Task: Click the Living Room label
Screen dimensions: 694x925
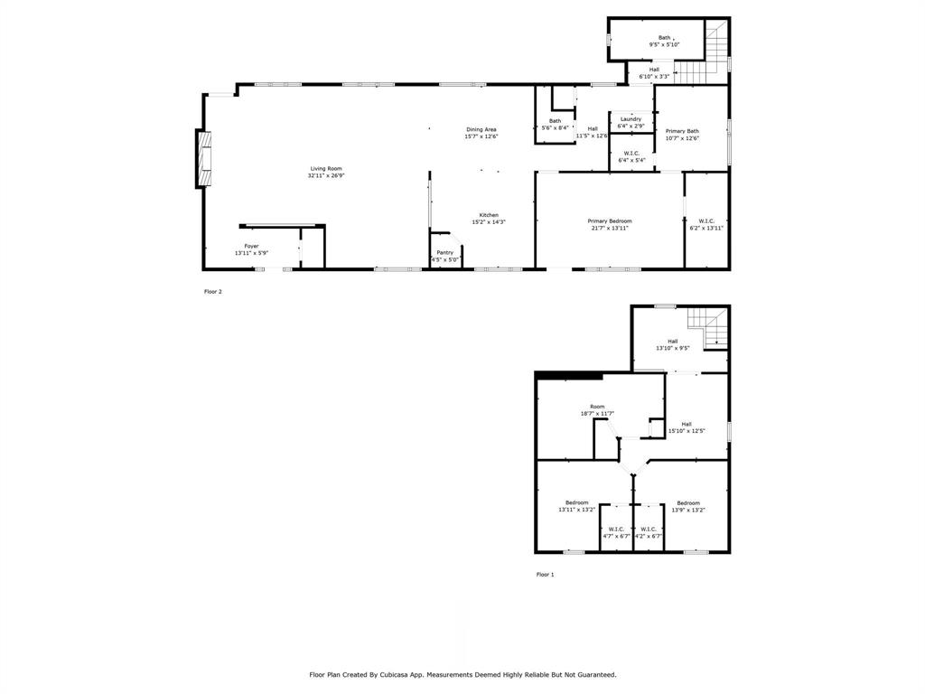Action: [326, 169]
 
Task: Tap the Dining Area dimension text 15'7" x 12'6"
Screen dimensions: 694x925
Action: [481, 136]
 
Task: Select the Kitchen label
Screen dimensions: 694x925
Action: [489, 215]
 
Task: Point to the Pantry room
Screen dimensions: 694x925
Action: [444, 256]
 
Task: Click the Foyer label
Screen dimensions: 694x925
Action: [251, 246]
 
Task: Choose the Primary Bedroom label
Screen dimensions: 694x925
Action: [610, 221]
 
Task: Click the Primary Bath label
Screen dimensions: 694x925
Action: [682, 131]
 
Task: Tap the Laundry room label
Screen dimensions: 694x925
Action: [631, 119]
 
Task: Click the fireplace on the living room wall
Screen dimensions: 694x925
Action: [203, 158]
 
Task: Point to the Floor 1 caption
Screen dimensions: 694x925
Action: [545, 575]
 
